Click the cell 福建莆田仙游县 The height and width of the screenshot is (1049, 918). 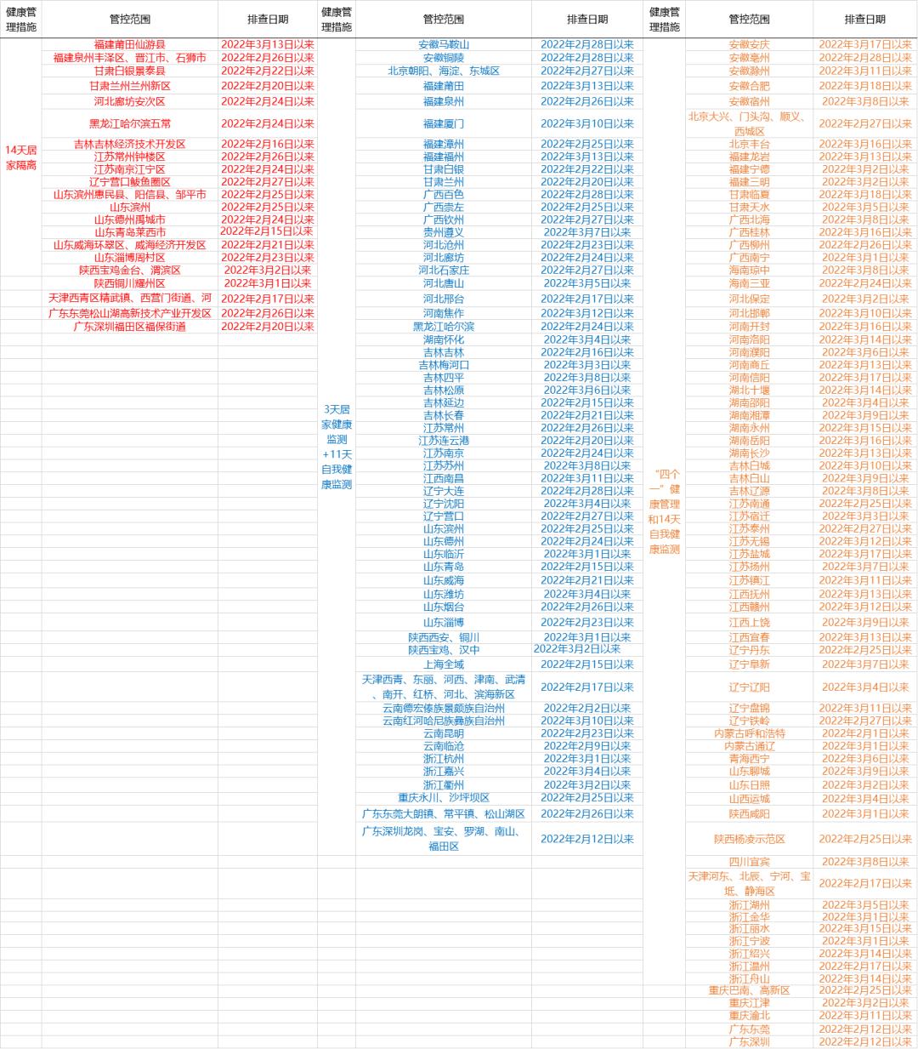point(129,44)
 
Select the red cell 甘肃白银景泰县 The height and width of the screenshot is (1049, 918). point(129,71)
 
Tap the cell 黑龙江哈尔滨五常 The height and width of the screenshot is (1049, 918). point(129,123)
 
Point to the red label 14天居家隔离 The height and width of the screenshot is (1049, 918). point(21,157)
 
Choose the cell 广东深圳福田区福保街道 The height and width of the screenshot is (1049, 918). point(129,327)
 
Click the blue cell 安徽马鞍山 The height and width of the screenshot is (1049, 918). point(444,44)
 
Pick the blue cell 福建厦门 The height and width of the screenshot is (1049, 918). point(444,123)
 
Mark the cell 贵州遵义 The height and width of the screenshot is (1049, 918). point(444,232)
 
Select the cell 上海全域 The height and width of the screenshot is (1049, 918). point(444,664)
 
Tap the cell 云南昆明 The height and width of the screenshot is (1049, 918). point(444,733)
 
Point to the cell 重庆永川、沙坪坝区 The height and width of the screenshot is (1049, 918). point(444,798)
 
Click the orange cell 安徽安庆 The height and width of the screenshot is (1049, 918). point(749,44)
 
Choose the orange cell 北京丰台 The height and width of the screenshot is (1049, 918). point(749,144)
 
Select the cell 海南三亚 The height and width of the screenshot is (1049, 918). point(749,283)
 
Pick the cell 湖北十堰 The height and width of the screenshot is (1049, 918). point(749,391)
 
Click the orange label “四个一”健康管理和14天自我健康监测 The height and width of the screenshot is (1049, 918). point(664,510)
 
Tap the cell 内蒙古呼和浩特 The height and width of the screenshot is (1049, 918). point(749,733)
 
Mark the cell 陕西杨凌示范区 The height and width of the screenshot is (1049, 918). point(749,839)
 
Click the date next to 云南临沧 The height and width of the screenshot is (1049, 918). point(587,746)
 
